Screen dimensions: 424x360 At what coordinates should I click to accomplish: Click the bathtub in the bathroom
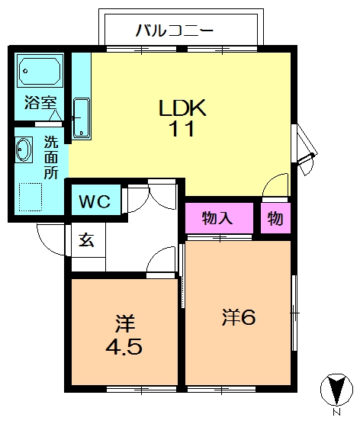[40, 72]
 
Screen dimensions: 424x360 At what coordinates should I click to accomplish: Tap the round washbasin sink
[24, 149]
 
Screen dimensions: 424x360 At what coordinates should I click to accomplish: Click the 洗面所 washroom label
[50, 157]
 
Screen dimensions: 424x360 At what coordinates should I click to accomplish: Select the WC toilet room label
[95, 202]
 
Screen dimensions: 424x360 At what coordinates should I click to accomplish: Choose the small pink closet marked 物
[275, 219]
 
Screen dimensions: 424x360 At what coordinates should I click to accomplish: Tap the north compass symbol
[333, 387]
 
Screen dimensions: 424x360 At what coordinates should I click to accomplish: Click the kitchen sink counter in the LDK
[82, 119]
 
